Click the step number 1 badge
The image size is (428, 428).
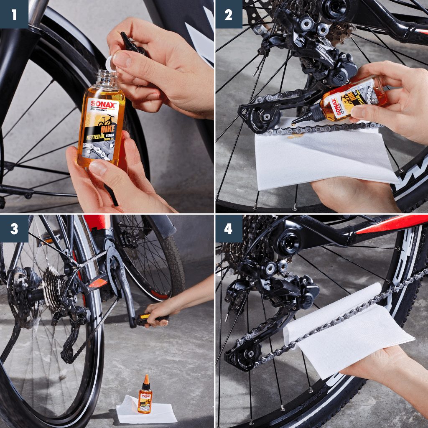(x=14, y=14)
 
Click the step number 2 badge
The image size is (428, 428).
(x=229, y=14)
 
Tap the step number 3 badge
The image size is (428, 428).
(x=14, y=229)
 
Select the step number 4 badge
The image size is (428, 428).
(x=229, y=229)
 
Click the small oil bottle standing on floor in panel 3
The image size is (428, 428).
(x=145, y=397)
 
